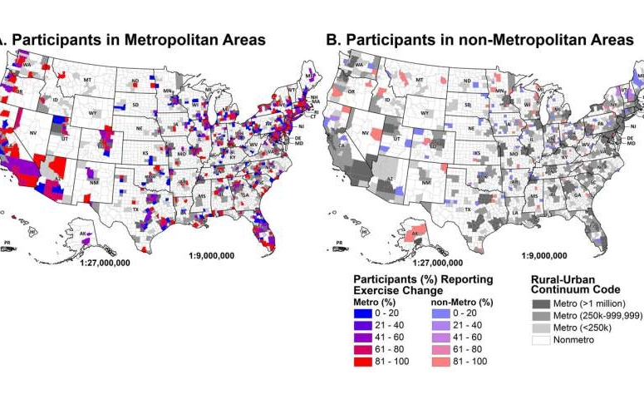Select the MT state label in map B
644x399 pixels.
[420, 80]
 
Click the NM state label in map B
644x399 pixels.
[426, 182]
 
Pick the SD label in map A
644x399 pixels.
[135, 106]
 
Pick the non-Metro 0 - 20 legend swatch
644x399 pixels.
[440, 311]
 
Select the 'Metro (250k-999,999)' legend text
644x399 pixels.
[595, 317]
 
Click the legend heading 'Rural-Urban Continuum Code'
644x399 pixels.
[573, 285]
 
